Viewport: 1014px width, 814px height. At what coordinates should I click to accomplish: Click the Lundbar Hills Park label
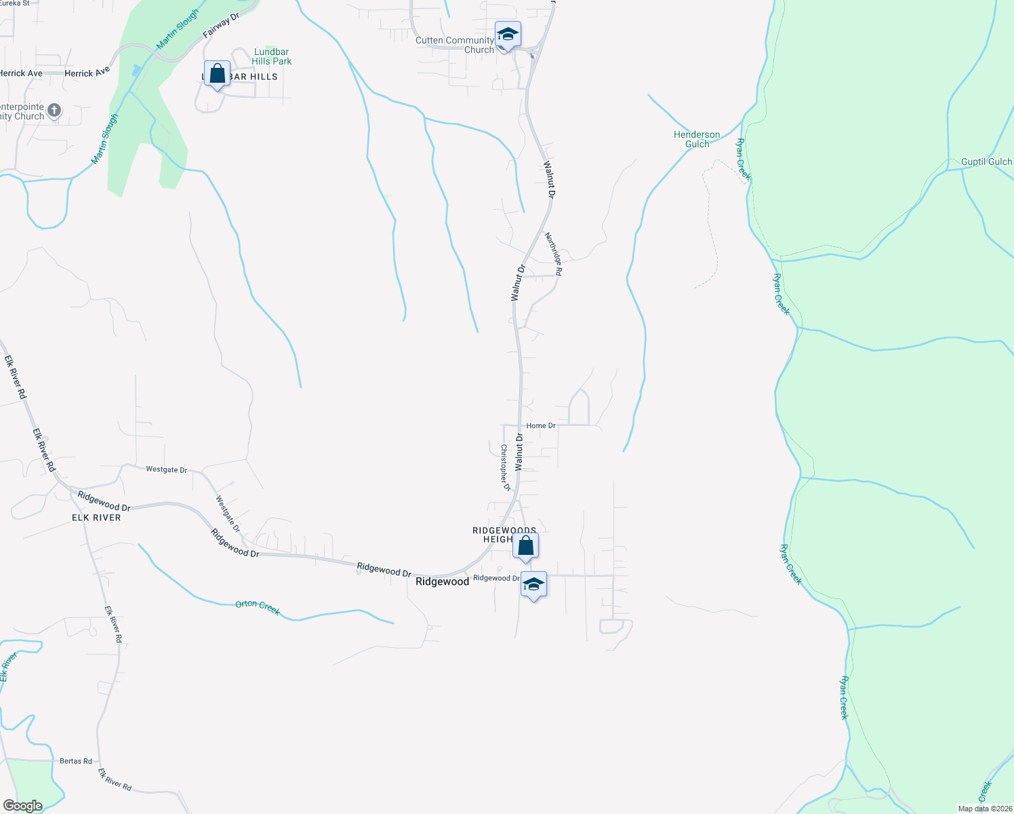(x=271, y=56)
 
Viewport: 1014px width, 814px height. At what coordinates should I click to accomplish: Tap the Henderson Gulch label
(x=697, y=139)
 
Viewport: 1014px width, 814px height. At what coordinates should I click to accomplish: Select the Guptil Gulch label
(x=986, y=161)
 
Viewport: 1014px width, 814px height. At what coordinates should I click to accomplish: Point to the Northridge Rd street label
(x=554, y=254)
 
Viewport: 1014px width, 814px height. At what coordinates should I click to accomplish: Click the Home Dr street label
(x=541, y=425)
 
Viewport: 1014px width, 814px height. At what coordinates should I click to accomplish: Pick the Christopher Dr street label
(x=505, y=467)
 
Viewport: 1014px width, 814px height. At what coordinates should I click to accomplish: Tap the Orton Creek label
(x=258, y=607)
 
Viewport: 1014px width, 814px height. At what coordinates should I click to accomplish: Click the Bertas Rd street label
(x=76, y=761)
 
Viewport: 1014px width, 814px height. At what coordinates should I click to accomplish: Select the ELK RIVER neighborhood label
(x=96, y=518)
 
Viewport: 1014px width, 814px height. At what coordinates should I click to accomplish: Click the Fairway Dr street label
(x=222, y=25)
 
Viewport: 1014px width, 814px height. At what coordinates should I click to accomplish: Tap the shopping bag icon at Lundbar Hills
(x=217, y=74)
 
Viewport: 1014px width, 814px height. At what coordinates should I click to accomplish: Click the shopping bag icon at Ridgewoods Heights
(x=525, y=545)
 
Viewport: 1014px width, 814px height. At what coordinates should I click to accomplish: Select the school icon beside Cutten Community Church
(x=508, y=34)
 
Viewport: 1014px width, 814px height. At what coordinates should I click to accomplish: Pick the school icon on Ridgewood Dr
(x=533, y=584)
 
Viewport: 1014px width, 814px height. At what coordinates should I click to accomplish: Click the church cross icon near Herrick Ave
(x=55, y=110)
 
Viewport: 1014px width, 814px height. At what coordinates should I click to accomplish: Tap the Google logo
(x=23, y=806)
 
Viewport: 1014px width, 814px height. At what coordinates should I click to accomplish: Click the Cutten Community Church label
(x=455, y=45)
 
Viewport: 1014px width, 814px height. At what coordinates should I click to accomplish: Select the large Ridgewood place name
(x=442, y=581)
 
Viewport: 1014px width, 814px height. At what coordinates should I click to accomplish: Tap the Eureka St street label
(x=15, y=3)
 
